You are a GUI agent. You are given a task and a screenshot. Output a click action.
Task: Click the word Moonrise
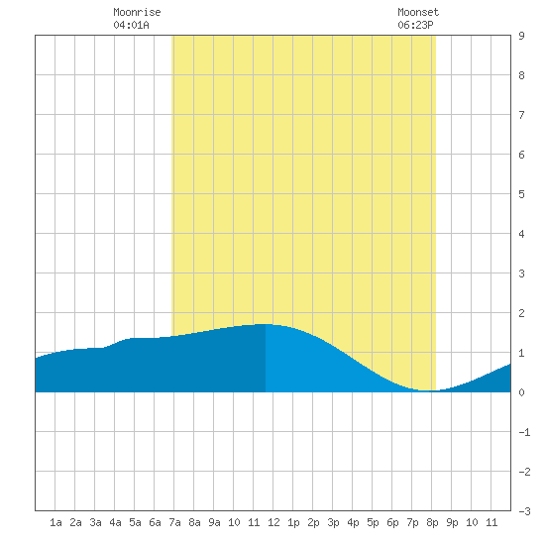(x=137, y=13)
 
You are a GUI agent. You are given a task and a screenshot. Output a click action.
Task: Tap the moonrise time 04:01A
(x=131, y=25)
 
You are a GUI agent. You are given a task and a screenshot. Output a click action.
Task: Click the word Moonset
(x=418, y=13)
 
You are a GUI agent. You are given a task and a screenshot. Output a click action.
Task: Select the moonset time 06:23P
(x=415, y=25)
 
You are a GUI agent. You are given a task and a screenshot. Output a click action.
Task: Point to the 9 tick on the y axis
(x=521, y=36)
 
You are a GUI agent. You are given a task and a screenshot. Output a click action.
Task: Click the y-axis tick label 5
(x=521, y=194)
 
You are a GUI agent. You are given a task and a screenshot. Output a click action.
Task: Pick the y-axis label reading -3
(x=524, y=511)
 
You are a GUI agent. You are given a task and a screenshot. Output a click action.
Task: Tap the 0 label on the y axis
(x=521, y=392)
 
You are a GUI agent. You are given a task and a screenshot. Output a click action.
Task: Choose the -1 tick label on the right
(x=524, y=432)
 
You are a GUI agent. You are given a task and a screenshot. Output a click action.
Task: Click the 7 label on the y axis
(x=521, y=115)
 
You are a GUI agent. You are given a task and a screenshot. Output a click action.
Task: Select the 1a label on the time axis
(x=55, y=522)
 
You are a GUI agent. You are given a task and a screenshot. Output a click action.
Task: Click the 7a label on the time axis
(x=174, y=522)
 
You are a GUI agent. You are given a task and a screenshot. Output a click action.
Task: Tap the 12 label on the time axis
(x=273, y=522)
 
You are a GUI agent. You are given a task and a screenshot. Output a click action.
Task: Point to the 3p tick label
(x=333, y=522)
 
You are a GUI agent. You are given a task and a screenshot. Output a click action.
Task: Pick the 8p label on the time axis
(x=432, y=522)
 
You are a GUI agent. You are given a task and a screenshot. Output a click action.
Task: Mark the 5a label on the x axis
(x=135, y=522)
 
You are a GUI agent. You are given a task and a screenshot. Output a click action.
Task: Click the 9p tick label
(x=452, y=522)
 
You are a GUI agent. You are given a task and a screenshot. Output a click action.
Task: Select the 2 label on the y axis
(x=521, y=313)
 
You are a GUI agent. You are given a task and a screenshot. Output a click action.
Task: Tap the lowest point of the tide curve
(x=428, y=390)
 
